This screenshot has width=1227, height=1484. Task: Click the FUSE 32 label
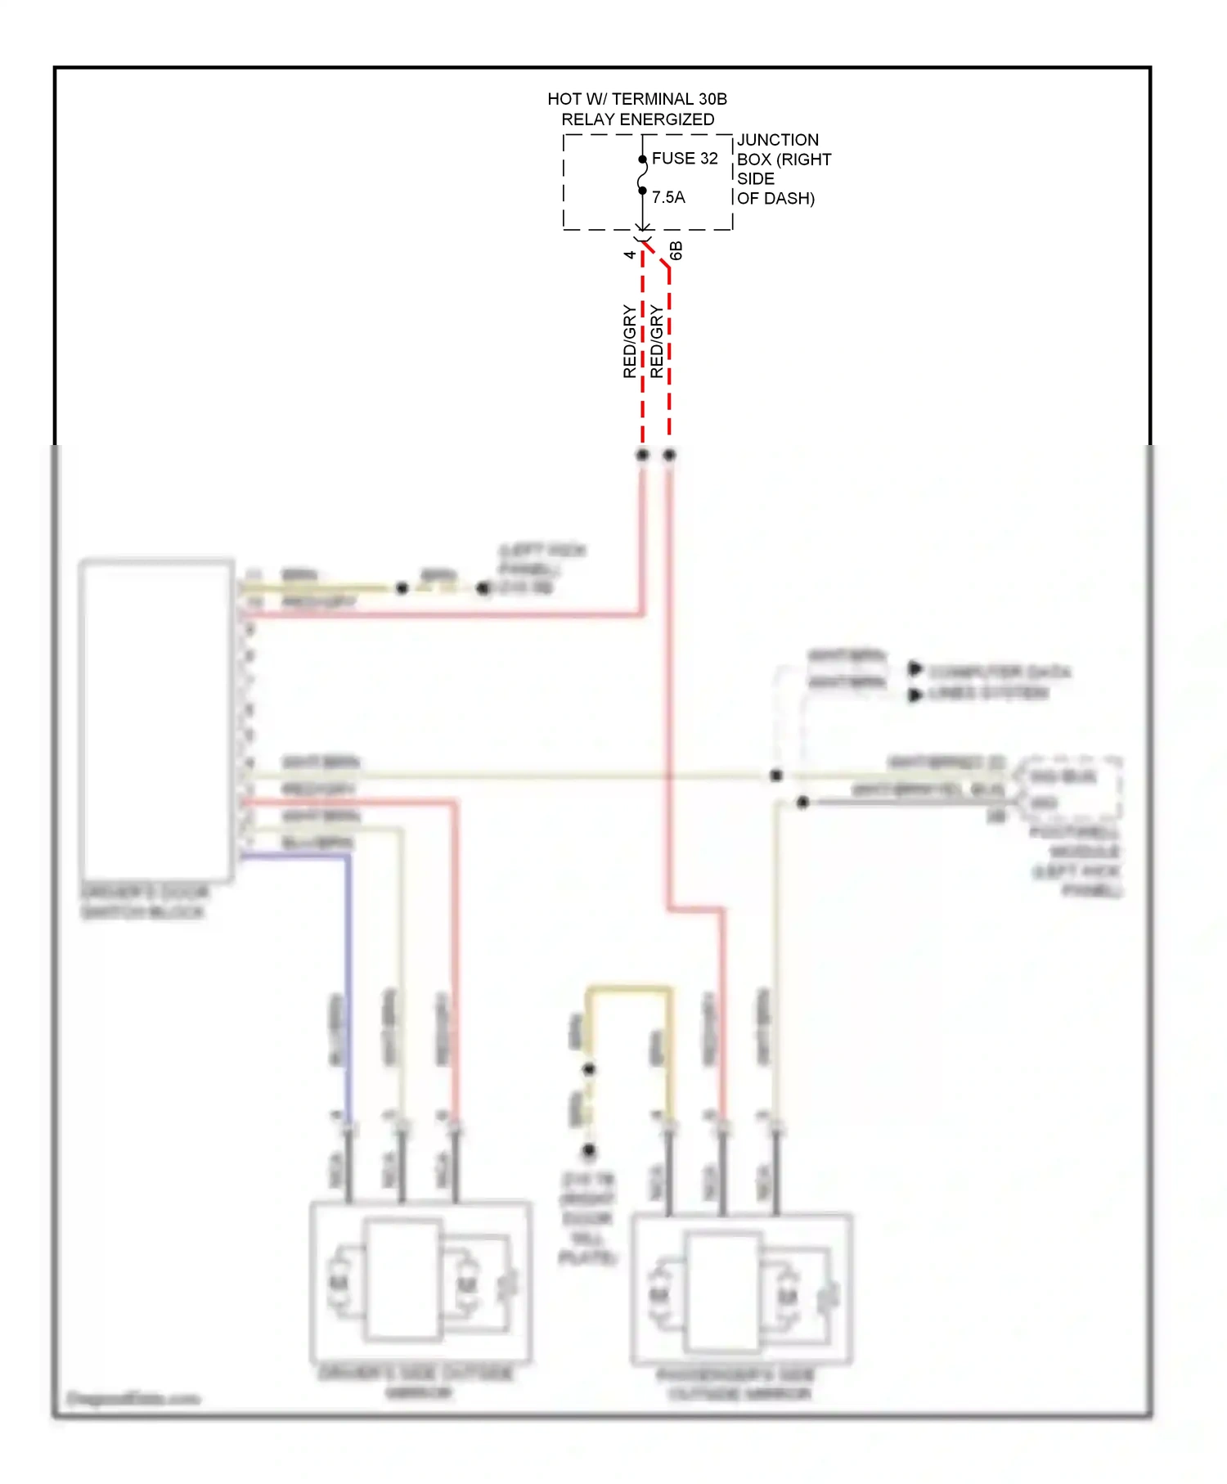(684, 159)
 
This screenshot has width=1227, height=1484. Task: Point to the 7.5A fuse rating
(668, 197)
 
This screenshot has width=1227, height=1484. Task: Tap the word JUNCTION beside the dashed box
(777, 140)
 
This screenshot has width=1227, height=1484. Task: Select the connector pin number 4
(630, 255)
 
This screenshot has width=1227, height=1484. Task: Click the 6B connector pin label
(676, 251)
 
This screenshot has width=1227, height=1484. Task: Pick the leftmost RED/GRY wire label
(629, 341)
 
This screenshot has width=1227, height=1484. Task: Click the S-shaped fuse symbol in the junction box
(643, 175)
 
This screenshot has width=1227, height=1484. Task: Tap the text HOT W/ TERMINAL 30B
(636, 99)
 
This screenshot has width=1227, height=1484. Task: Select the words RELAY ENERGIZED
(637, 119)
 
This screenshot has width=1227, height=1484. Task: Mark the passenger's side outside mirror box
(742, 1291)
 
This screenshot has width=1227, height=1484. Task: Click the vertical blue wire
(348, 982)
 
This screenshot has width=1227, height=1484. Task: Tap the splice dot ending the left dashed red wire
(643, 455)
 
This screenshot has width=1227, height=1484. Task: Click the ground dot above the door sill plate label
(589, 1151)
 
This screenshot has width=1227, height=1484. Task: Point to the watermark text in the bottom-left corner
(133, 1398)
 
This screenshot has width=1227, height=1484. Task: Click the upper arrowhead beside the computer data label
(915, 669)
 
